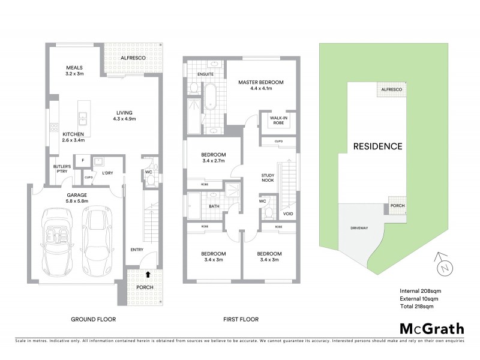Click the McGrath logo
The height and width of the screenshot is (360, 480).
[x=431, y=328]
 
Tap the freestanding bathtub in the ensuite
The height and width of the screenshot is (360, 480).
[x=211, y=96]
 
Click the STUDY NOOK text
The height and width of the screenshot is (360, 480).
[x=268, y=179]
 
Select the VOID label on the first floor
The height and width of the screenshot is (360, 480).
[x=288, y=214]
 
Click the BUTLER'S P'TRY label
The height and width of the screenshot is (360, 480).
[x=64, y=169]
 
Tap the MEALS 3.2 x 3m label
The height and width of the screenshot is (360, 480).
[x=75, y=70]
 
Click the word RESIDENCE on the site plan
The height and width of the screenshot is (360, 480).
[x=377, y=146]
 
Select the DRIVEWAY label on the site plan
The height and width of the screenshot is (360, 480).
[x=356, y=229]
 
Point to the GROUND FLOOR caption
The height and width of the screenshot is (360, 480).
[x=93, y=320]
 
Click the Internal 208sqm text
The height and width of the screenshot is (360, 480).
[x=419, y=290]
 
